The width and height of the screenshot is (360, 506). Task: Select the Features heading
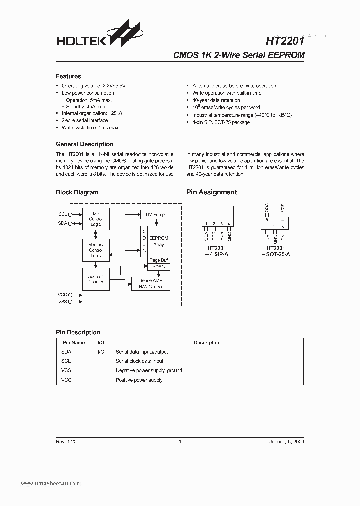click(x=68, y=76)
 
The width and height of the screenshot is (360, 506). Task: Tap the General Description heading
click(x=84, y=144)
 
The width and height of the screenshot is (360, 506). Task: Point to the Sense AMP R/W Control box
click(x=150, y=284)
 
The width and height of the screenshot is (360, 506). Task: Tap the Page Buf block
click(x=159, y=260)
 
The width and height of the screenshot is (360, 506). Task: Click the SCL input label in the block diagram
click(x=62, y=214)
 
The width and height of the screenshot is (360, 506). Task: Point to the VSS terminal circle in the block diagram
click(x=70, y=302)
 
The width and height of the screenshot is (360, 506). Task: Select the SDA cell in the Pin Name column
click(x=66, y=352)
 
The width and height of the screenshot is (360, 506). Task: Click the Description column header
click(x=207, y=343)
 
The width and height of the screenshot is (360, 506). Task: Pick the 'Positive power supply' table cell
click(x=139, y=380)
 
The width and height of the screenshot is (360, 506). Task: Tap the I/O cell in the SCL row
click(x=101, y=361)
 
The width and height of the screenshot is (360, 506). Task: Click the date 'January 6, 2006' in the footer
click(x=286, y=442)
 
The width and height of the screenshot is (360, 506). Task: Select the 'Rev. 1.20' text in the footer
click(x=66, y=442)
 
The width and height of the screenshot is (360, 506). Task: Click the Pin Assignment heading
click(x=211, y=192)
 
